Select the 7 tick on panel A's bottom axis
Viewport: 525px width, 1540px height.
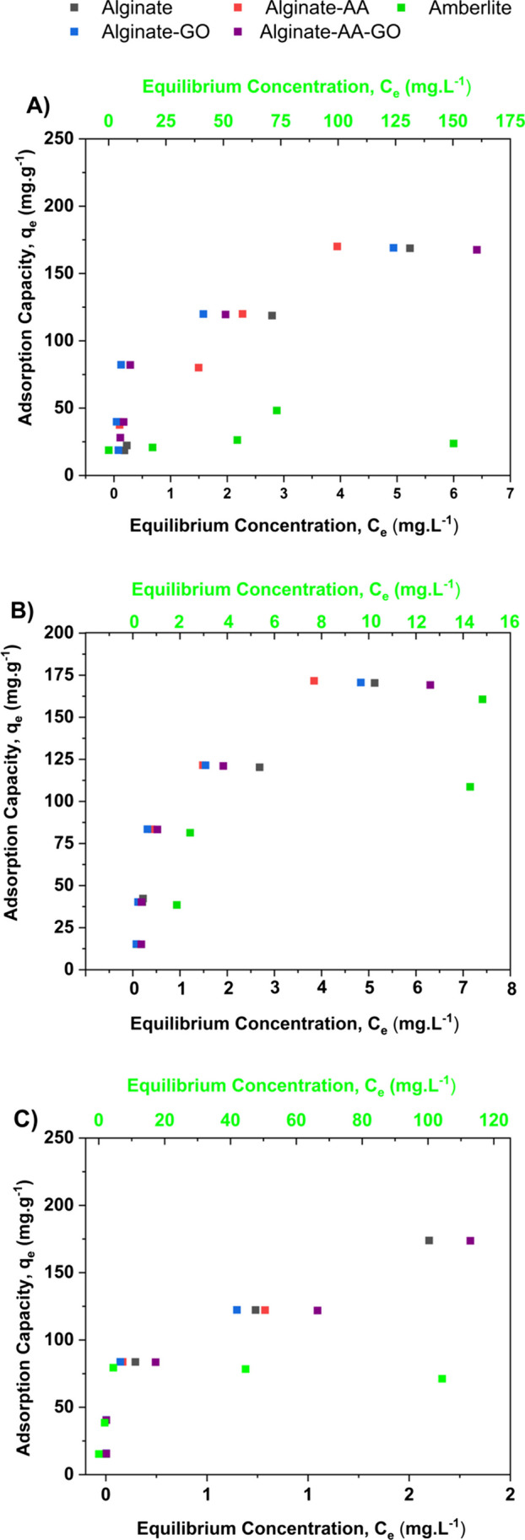[510, 492]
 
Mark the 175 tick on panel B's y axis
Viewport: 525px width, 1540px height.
[61, 674]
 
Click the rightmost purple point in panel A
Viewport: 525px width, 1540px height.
[477, 250]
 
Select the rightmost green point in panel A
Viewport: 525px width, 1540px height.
[453, 444]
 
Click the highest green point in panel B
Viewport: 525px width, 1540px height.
[483, 700]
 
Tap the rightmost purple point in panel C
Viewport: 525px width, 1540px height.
[470, 1240]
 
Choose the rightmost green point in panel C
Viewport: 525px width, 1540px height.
[442, 1379]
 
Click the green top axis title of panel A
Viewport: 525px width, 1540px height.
[306, 87]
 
